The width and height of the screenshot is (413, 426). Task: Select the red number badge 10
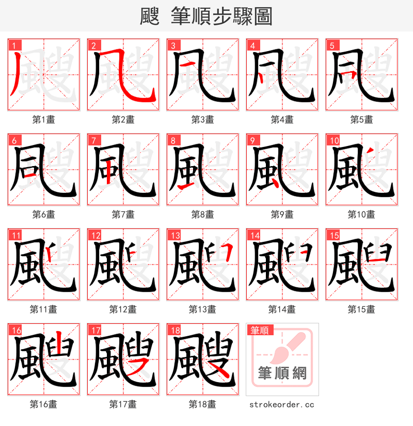tap(333, 140)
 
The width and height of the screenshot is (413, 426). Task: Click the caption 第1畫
tap(44, 120)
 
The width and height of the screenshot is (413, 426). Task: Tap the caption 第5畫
tap(362, 120)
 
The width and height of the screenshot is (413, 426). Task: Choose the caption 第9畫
tap(282, 215)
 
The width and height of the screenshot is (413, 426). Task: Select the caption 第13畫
tap(203, 309)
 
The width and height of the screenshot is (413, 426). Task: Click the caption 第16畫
tap(44, 404)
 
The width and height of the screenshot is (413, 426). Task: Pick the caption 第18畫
tap(203, 404)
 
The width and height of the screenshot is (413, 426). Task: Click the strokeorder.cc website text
tap(282, 405)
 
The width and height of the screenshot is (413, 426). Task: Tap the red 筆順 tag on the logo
tap(260, 330)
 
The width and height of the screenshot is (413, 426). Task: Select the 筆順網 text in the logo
tap(282, 373)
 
